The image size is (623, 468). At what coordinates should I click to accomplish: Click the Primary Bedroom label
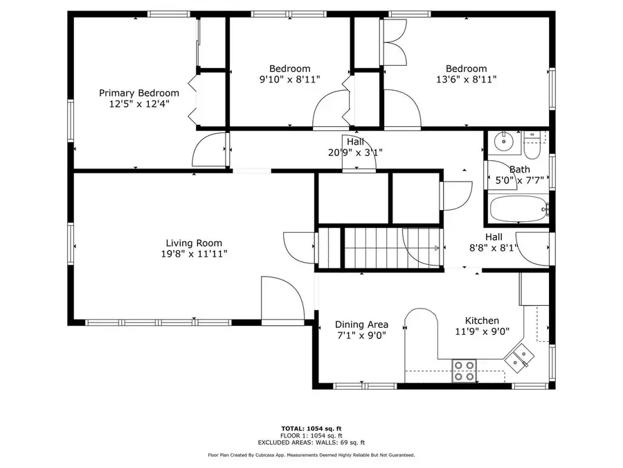[x=139, y=93]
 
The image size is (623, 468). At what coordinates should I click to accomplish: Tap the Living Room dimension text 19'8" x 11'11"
[x=195, y=254]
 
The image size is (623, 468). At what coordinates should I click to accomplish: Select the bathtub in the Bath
[x=518, y=209]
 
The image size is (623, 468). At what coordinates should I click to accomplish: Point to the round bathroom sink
[x=504, y=141]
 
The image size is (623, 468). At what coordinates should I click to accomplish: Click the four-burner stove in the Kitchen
[x=464, y=371]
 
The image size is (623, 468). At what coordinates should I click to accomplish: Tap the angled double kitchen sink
[x=519, y=357]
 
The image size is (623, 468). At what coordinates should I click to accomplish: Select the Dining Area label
[x=361, y=324]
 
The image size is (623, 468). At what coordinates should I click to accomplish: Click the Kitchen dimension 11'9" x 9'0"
[x=482, y=331]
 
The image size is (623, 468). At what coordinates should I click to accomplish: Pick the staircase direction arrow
[x=437, y=248]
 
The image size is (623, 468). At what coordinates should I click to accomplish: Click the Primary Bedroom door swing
[x=208, y=149]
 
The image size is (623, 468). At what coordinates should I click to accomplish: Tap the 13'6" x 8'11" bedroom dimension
[x=467, y=80]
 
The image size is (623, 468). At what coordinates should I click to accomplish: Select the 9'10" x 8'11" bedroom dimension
[x=289, y=80]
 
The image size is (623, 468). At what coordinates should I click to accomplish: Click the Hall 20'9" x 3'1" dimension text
[x=356, y=153]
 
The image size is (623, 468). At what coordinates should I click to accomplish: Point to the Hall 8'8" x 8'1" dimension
[x=494, y=248]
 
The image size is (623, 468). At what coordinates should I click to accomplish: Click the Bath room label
[x=520, y=170]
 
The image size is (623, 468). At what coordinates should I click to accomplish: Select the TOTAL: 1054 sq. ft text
[x=311, y=428]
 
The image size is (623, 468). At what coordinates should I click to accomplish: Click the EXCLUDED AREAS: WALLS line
[x=311, y=442]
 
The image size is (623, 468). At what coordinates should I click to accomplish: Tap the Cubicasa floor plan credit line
[x=311, y=455]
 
